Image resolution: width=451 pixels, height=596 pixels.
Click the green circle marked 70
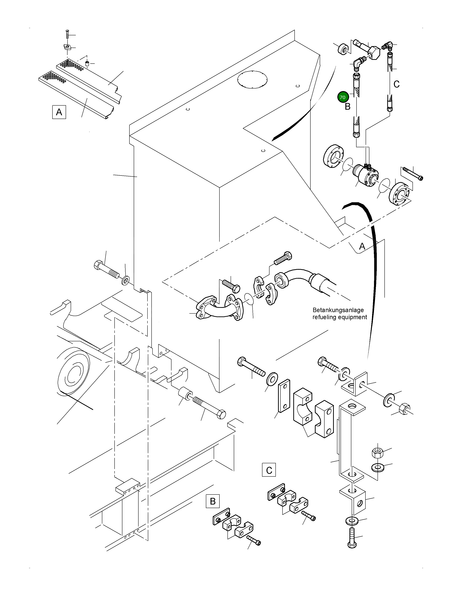(x=342, y=97)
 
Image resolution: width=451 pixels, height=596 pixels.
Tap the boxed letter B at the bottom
(x=213, y=501)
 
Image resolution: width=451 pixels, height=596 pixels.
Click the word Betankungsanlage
(x=338, y=310)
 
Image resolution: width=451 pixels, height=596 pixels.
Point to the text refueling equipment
(x=340, y=317)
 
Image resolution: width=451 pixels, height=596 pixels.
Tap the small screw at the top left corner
(x=67, y=35)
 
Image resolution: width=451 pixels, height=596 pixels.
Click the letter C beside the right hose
(x=396, y=84)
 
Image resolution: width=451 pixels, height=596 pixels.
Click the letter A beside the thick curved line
(x=362, y=246)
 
